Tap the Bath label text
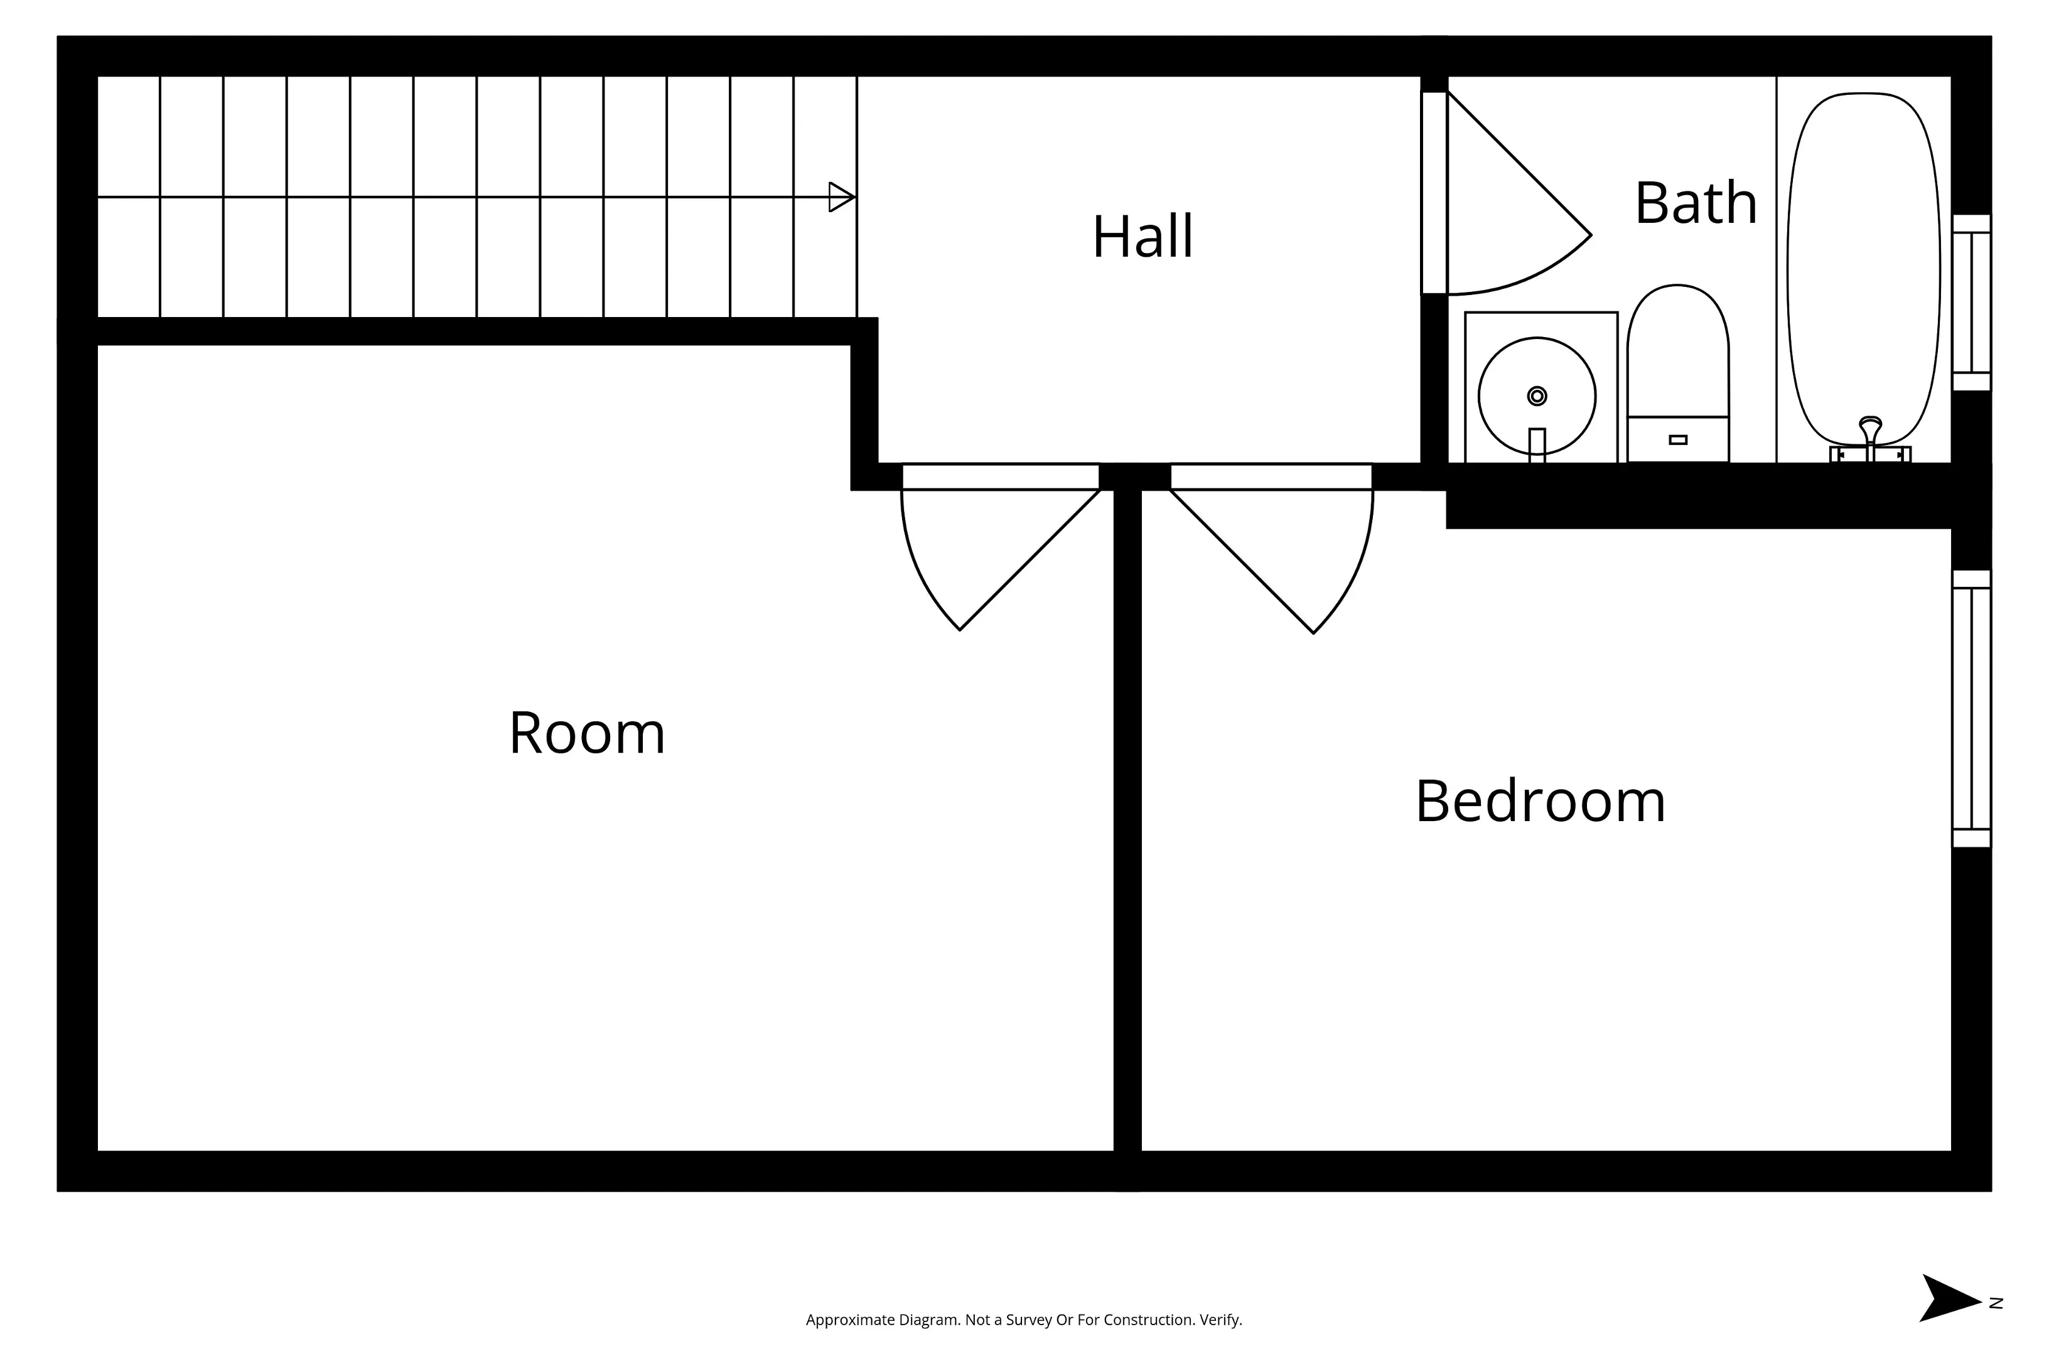(x=1696, y=203)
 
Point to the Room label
(x=586, y=733)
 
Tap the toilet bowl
(x=1677, y=348)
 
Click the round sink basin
(x=1537, y=396)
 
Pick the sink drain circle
(x=1537, y=396)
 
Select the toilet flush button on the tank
(x=1678, y=440)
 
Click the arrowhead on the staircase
(x=841, y=197)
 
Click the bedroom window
(x=1971, y=709)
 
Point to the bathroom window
(x=1971, y=303)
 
